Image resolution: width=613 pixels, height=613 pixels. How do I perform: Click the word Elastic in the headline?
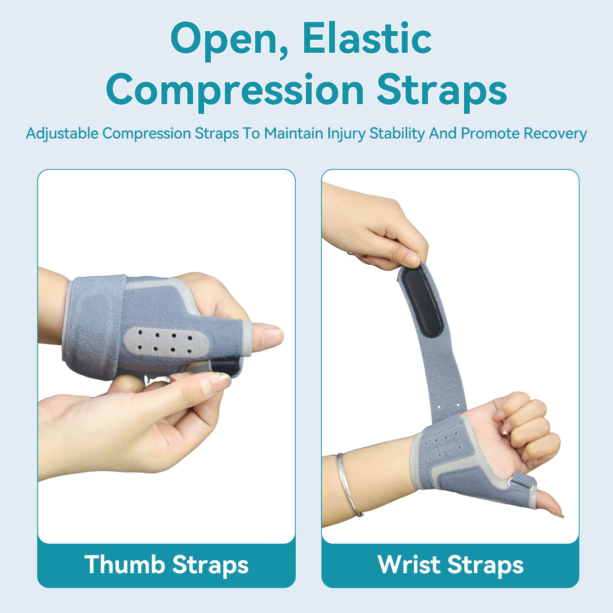[x=367, y=38]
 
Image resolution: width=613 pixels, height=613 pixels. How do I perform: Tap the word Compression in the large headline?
[x=235, y=91]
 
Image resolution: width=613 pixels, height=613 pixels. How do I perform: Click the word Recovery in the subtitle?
[x=555, y=134]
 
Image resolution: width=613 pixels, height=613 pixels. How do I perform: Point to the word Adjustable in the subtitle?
[x=62, y=134]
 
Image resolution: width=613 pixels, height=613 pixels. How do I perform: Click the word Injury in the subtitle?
[x=346, y=134]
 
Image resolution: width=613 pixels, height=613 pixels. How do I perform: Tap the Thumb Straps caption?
[x=167, y=565]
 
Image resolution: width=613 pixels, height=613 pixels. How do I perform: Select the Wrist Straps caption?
[x=451, y=565]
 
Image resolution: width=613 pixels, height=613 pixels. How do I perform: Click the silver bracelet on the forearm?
[x=348, y=485]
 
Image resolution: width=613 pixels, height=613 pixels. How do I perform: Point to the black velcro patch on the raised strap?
[x=421, y=301]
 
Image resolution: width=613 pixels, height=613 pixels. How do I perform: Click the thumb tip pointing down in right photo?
[x=552, y=506]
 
